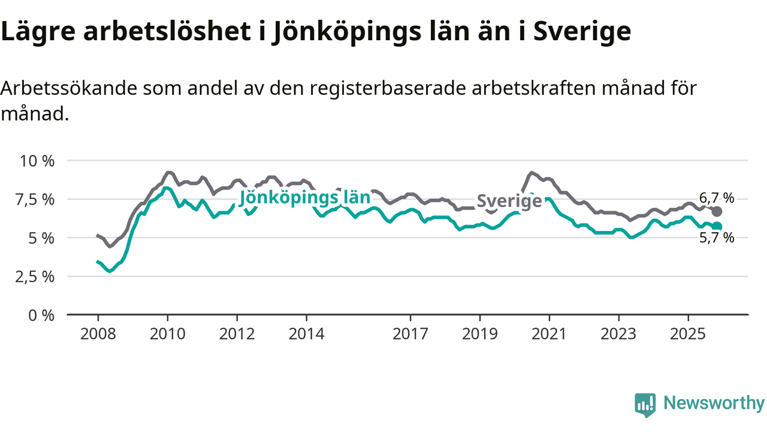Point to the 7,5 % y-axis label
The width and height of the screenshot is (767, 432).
tap(37, 199)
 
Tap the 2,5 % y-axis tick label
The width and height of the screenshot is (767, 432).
tap(37, 277)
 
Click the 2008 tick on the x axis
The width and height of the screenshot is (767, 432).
tap(98, 334)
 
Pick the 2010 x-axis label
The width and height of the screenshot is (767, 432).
tap(167, 334)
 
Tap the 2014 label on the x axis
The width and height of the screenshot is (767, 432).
tap(306, 334)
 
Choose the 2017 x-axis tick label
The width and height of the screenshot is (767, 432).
tap(410, 334)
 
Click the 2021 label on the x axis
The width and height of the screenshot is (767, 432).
tap(549, 334)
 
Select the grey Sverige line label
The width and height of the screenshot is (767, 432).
tap(509, 202)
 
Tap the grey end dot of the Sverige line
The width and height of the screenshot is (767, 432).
tap(717, 212)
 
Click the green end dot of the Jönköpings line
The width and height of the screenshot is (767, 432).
tap(717, 226)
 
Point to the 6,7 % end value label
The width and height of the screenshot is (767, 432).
tap(717, 197)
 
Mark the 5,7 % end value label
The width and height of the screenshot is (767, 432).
tap(717, 238)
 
